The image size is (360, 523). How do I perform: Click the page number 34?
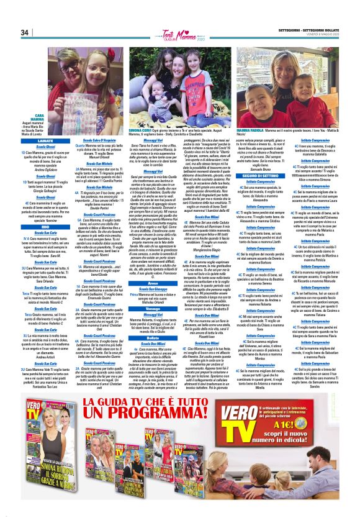tap(24, 32)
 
